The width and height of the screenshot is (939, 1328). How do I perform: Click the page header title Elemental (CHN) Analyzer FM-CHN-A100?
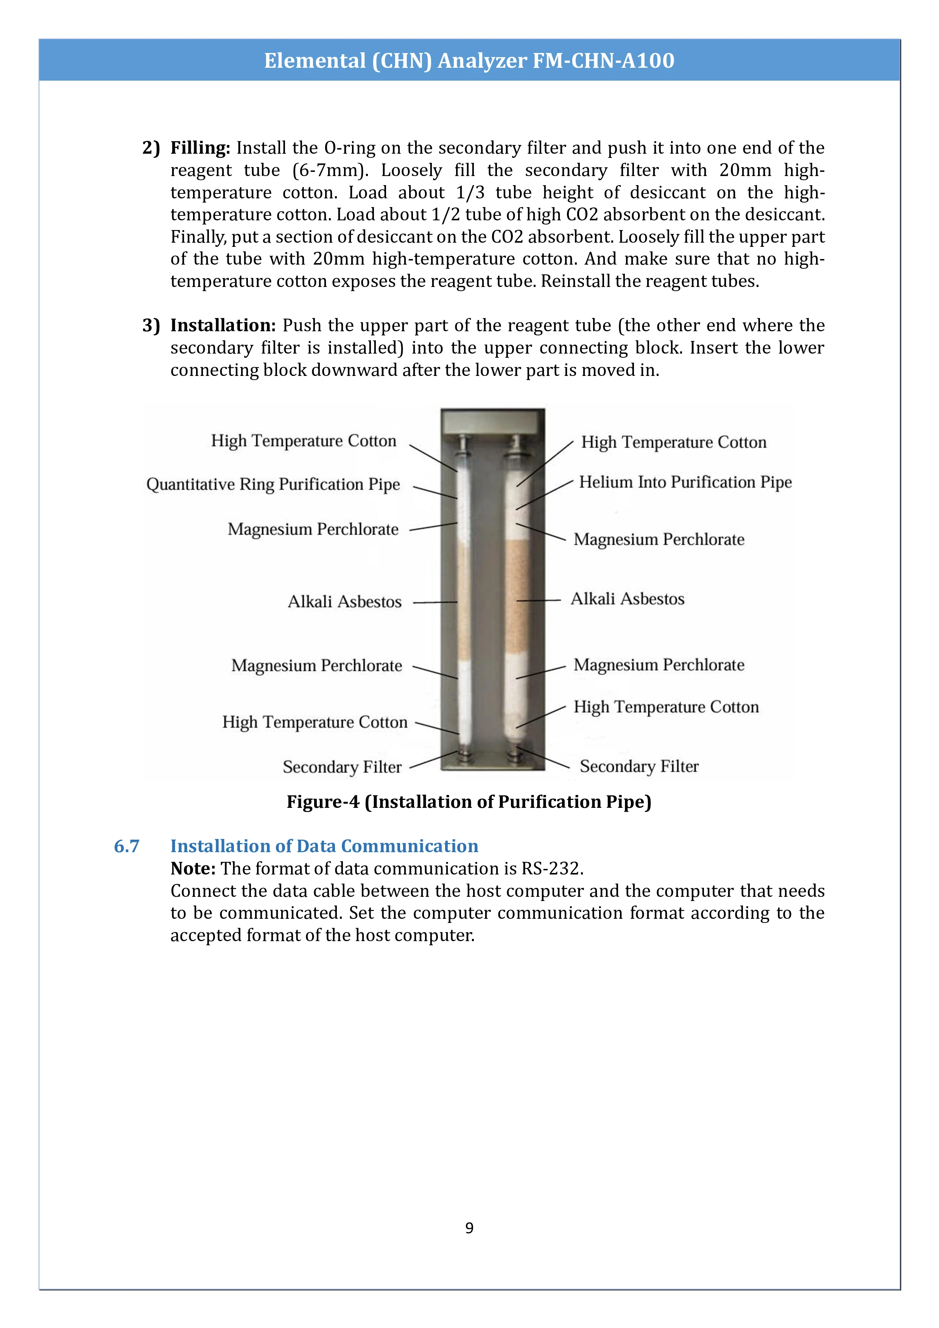coord(469,60)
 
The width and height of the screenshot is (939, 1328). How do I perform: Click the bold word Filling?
coord(200,148)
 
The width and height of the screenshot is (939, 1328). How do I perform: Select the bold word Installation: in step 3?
coord(223,326)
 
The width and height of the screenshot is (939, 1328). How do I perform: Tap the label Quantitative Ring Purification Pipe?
coord(273,484)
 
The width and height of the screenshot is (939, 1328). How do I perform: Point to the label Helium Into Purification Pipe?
coord(685,482)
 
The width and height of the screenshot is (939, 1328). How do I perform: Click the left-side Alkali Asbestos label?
coord(345,602)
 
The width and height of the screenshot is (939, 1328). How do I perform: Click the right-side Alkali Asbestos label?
coord(628,599)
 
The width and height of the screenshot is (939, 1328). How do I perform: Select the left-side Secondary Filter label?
coord(342,767)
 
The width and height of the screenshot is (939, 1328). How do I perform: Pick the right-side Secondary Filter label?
coord(639,766)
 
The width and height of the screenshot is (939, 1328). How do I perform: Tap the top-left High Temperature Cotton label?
coord(304,441)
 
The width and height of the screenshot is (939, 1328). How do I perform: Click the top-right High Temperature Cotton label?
coord(674,443)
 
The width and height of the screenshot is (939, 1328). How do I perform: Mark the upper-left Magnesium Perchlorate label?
coord(313,529)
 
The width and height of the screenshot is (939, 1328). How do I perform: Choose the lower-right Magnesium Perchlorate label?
coord(659,665)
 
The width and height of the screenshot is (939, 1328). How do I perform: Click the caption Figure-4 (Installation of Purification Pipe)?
coord(469,802)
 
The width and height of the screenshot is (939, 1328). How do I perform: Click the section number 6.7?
coord(127,846)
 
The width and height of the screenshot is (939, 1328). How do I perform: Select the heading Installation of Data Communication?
coord(324,846)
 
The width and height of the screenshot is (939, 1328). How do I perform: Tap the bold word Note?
coord(193,869)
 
